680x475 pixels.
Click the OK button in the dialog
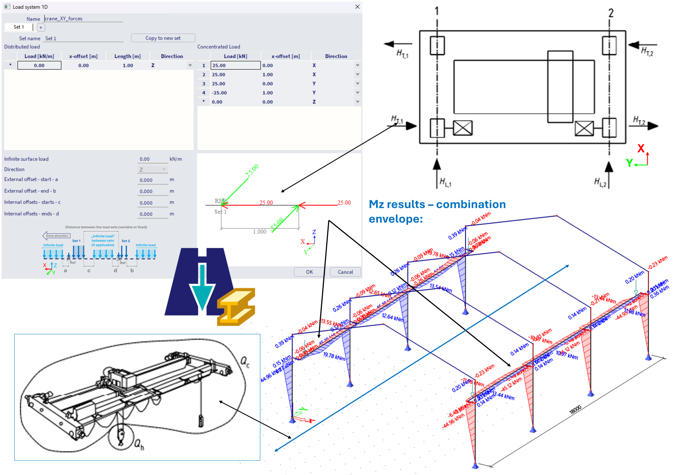coord(309,272)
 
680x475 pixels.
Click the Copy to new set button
coord(163,38)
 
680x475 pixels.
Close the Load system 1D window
coord(357,7)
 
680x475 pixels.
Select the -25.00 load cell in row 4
coord(219,93)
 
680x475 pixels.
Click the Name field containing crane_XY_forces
coord(83,18)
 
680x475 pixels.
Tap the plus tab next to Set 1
coord(41,27)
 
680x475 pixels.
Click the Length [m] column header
coord(127,56)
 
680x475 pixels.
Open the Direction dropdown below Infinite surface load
coord(152,169)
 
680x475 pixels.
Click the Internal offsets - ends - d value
coord(152,214)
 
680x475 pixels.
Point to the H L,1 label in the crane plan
coord(445,183)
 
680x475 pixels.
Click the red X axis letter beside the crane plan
coord(641,148)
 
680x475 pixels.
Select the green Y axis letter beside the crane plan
coord(629,163)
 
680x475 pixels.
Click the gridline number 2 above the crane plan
coord(611,13)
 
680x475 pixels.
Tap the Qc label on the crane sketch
coord(245,362)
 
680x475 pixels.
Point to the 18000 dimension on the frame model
coord(575,410)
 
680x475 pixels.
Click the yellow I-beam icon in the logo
coord(236,307)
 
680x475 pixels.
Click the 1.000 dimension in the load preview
coord(260,232)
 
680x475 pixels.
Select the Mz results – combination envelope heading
coord(437,212)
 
